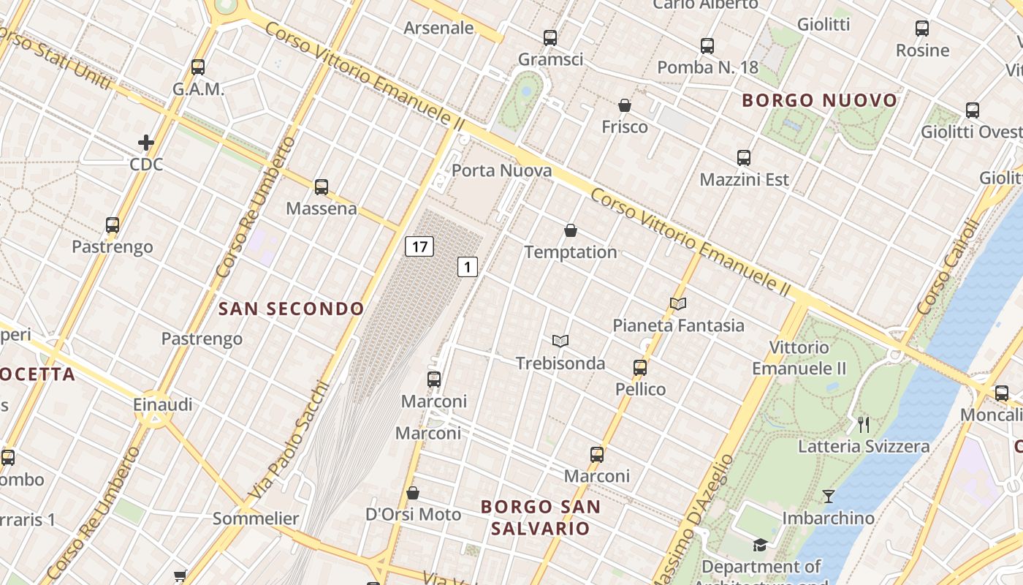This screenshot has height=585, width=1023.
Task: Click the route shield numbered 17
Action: (419, 246)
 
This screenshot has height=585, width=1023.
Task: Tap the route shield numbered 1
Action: (468, 267)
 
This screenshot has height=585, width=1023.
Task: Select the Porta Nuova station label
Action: (501, 170)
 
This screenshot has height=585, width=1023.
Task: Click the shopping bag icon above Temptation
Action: (571, 231)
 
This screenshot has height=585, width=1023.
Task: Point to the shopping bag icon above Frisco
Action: (625, 105)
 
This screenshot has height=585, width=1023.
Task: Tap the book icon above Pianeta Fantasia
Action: (678, 303)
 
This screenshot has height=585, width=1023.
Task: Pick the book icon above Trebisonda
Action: (560, 341)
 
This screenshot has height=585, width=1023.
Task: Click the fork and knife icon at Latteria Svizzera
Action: (864, 424)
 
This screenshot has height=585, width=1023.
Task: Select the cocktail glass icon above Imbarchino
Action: (828, 497)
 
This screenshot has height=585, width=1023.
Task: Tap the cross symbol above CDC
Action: (146, 142)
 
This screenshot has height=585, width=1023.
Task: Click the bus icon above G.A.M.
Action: (198, 67)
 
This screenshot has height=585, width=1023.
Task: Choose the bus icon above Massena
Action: (322, 186)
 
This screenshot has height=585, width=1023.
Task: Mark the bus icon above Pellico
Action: (640, 367)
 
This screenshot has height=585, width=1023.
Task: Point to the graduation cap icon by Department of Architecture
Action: (760, 545)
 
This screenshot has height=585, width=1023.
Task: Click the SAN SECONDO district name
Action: (291, 309)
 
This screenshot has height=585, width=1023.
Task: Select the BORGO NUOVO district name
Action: (819, 100)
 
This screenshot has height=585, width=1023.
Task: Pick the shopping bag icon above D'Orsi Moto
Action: (413, 493)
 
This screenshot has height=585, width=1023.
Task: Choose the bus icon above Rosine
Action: (922, 29)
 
